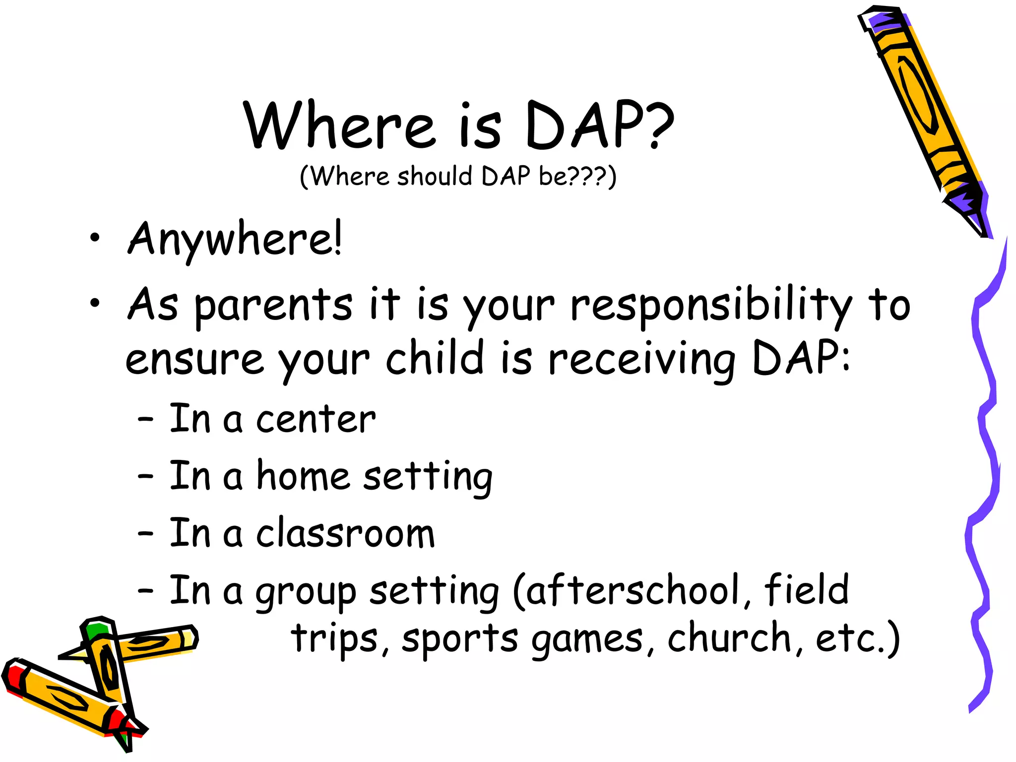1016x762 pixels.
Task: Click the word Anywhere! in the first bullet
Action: [234, 240]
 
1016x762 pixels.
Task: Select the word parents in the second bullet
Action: [273, 306]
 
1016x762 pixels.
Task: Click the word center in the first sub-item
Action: [316, 420]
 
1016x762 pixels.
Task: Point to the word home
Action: [303, 477]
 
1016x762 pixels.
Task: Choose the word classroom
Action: [345, 534]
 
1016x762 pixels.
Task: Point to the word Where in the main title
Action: [340, 125]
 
